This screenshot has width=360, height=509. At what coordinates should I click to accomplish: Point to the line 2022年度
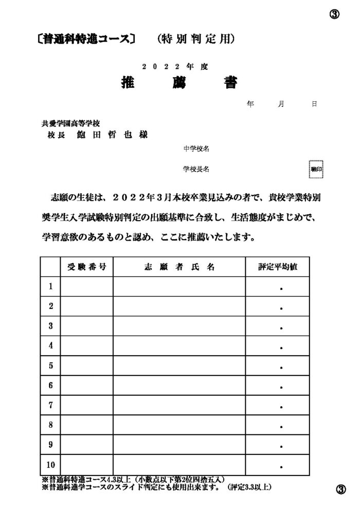tap(175, 67)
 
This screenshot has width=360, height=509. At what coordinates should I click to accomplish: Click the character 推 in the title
tap(128, 83)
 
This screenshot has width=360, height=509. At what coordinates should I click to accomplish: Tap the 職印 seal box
tap(316, 169)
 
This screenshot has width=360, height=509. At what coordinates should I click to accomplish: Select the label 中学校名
tap(195, 149)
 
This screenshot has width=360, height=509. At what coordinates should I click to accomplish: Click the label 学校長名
tap(195, 169)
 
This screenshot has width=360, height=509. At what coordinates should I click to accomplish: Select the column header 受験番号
tap(87, 267)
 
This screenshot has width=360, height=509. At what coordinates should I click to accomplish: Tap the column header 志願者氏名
tap(179, 267)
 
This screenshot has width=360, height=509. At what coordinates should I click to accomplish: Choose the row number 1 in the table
tap(50, 286)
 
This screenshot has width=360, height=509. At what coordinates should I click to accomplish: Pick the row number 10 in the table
tap(50, 465)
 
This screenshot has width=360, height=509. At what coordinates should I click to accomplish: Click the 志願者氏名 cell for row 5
tap(179, 366)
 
